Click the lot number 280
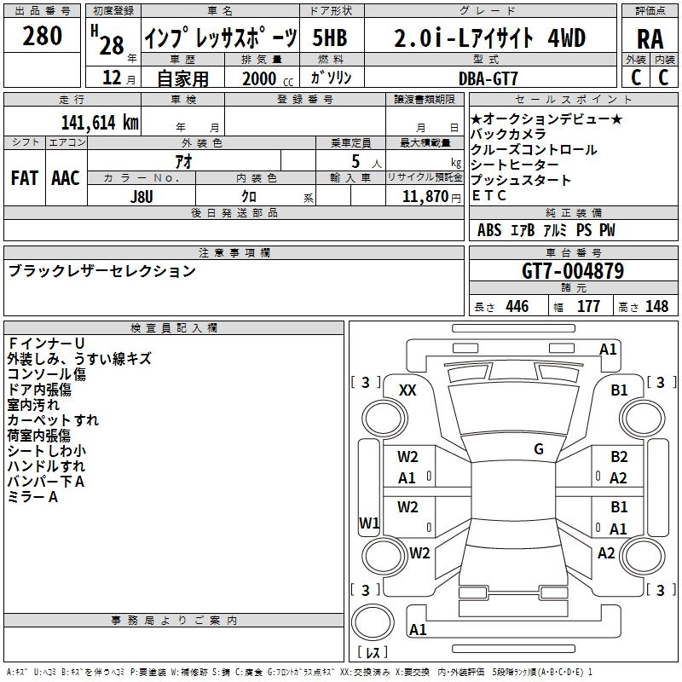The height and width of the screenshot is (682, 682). click(42, 36)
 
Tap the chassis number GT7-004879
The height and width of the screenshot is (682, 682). click(572, 272)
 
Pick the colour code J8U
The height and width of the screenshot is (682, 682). click(142, 195)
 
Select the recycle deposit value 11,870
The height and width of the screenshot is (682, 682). click(424, 195)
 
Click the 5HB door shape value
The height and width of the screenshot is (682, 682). click(331, 38)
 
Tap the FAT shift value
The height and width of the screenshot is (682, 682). click(26, 178)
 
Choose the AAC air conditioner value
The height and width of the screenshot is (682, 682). click(66, 178)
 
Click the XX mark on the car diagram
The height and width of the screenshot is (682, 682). click(408, 390)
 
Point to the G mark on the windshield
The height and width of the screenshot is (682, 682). click(539, 448)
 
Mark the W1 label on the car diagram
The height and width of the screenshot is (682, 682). click(369, 523)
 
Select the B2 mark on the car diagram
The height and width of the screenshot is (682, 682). click(619, 457)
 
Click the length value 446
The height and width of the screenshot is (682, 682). click(517, 307)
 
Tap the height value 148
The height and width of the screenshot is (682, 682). click(656, 307)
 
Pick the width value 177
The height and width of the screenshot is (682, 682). click(589, 307)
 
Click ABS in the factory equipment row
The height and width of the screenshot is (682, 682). click(489, 230)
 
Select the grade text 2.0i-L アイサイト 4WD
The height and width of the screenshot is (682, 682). click(490, 38)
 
